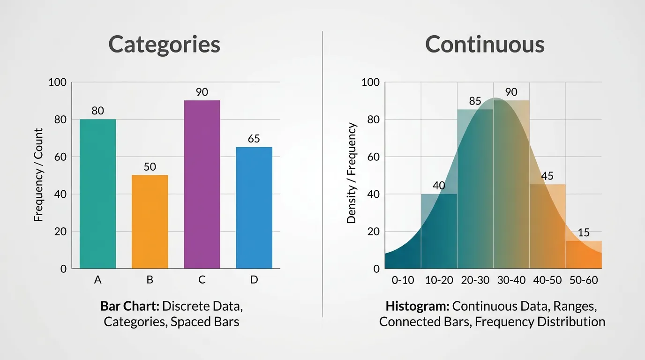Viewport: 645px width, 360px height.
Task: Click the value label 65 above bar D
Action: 254,139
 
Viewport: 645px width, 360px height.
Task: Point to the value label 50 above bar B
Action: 150,167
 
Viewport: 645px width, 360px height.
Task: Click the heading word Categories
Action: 164,45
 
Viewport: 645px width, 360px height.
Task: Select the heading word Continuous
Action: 485,45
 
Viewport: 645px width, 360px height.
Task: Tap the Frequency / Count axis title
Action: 38,175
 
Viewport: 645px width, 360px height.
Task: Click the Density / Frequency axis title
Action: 352,173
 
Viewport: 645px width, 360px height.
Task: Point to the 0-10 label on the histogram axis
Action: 403,280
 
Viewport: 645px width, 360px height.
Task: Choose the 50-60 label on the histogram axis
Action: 584,280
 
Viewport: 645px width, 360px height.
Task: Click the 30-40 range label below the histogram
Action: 511,280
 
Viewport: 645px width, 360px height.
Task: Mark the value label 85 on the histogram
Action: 475,101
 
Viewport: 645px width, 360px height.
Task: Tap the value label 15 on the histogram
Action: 584,233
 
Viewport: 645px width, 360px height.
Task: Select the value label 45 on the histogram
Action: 547,176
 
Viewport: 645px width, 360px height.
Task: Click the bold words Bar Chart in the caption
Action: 130,307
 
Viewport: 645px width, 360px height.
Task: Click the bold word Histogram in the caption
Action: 417,307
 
